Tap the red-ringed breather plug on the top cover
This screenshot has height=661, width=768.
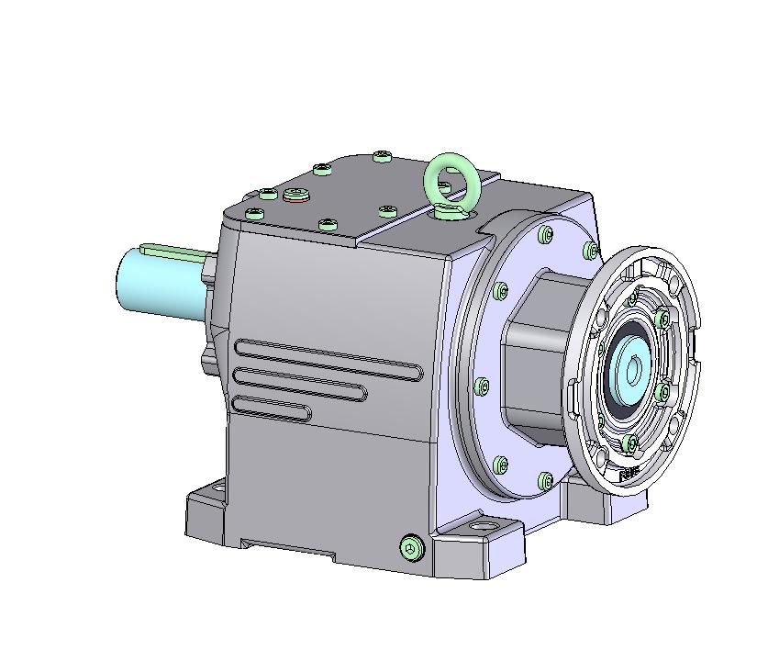tap(295, 194)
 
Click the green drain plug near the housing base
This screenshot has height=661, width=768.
tap(412, 548)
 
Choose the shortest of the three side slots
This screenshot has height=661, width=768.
tap(272, 408)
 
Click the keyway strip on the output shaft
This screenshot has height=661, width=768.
tap(174, 248)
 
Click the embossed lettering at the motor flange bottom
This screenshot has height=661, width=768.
tap(629, 475)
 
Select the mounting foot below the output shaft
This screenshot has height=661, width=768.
tap(207, 510)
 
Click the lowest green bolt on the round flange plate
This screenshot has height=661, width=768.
tap(546, 480)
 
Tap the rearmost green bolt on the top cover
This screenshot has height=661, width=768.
tap(383, 157)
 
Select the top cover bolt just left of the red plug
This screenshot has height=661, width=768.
tap(268, 194)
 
